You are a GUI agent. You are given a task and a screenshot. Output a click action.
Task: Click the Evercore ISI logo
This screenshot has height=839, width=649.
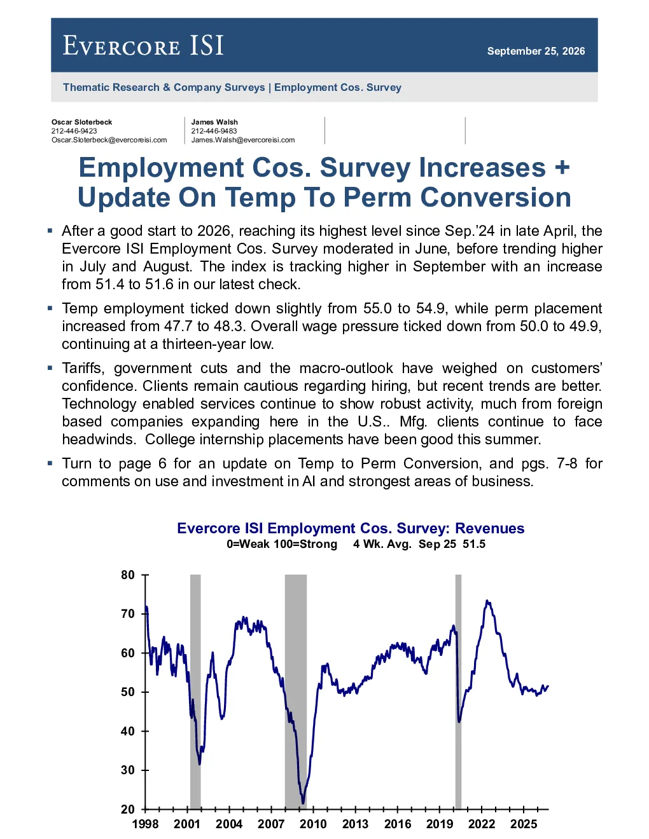tap(143, 46)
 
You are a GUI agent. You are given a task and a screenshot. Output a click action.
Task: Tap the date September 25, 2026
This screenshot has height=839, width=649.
tap(536, 51)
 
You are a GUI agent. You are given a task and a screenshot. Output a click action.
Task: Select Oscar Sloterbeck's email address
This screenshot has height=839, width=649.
tap(109, 140)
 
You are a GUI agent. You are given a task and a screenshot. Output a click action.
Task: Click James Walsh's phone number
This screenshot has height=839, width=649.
tap(214, 131)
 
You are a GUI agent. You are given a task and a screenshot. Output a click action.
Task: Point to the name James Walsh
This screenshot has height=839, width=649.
tap(214, 122)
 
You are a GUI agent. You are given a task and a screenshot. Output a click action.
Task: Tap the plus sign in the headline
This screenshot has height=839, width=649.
tap(562, 168)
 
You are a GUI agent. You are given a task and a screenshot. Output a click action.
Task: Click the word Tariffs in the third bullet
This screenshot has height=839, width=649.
tap(83, 368)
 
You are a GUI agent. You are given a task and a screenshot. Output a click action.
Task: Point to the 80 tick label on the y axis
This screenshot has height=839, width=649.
tap(127, 575)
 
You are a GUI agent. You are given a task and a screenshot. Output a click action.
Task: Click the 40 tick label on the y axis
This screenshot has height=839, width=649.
tap(127, 731)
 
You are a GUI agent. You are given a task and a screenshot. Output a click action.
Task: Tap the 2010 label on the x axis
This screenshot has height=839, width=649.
tap(313, 824)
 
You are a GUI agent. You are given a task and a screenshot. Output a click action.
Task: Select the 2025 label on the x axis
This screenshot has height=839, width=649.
tap(524, 824)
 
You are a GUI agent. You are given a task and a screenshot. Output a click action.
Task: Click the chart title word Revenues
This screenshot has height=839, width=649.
tap(490, 528)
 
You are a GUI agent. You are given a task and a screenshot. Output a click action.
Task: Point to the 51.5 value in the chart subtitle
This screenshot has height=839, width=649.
tap(474, 544)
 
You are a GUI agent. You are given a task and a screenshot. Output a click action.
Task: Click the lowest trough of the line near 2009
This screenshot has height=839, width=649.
tap(303, 803)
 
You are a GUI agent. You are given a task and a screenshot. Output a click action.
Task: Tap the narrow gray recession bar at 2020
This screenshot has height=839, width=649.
tap(458, 692)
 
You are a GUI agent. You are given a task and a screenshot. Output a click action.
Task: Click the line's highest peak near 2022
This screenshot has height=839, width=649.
tap(487, 601)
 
